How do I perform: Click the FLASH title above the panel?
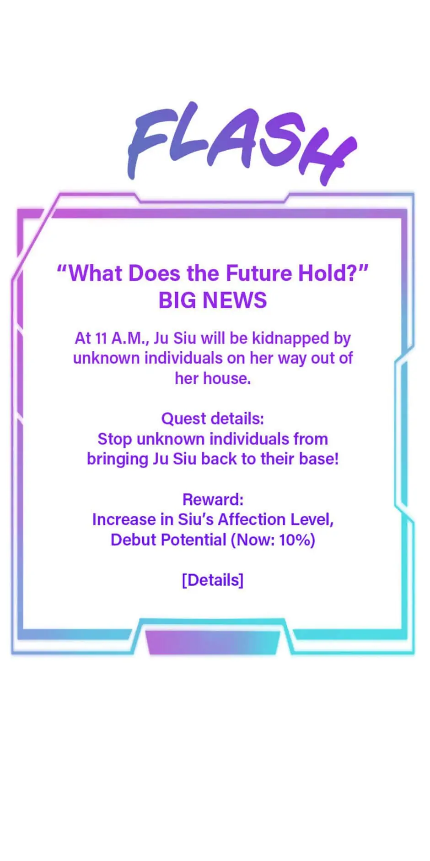pos(242,143)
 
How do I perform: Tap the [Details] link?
pos(213,580)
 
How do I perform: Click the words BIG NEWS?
pos(213,300)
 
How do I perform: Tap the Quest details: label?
pos(213,419)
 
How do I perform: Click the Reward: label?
pos(213,499)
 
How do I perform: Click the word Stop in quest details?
pos(115,439)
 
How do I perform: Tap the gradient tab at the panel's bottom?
pos(213,642)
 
